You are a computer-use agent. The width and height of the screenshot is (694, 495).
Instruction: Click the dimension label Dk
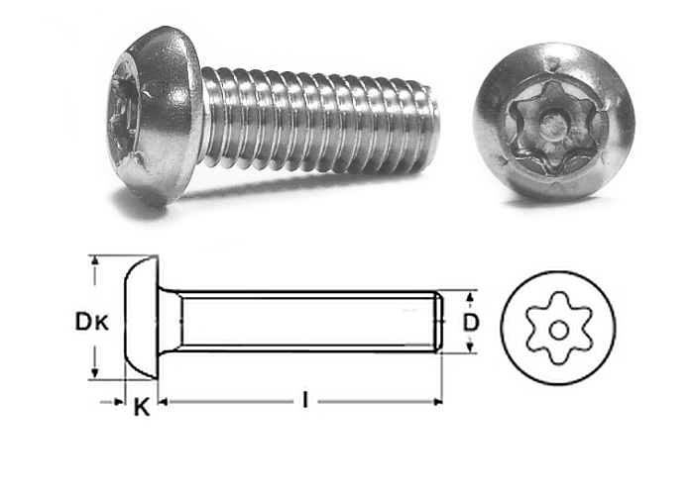point(91,322)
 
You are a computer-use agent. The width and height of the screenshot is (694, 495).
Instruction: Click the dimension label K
point(142,407)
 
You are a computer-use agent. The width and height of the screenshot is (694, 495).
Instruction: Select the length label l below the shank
point(305,400)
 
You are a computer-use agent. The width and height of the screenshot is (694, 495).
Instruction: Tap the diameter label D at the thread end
point(471,322)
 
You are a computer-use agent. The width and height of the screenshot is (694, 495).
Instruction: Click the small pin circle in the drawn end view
point(558,330)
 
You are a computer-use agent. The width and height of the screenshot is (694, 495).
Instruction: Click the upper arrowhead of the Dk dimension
point(94,261)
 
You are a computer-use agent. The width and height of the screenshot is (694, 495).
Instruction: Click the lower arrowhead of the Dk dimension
point(94,373)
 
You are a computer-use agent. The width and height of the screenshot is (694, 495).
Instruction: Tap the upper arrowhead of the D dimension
point(471,296)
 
